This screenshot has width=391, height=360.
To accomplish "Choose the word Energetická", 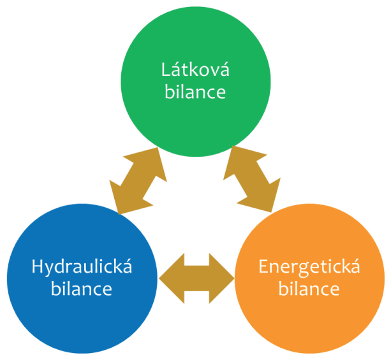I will (309, 267).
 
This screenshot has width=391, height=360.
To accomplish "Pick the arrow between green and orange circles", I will (252, 178).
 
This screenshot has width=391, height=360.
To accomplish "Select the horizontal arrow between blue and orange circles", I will (196, 276).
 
